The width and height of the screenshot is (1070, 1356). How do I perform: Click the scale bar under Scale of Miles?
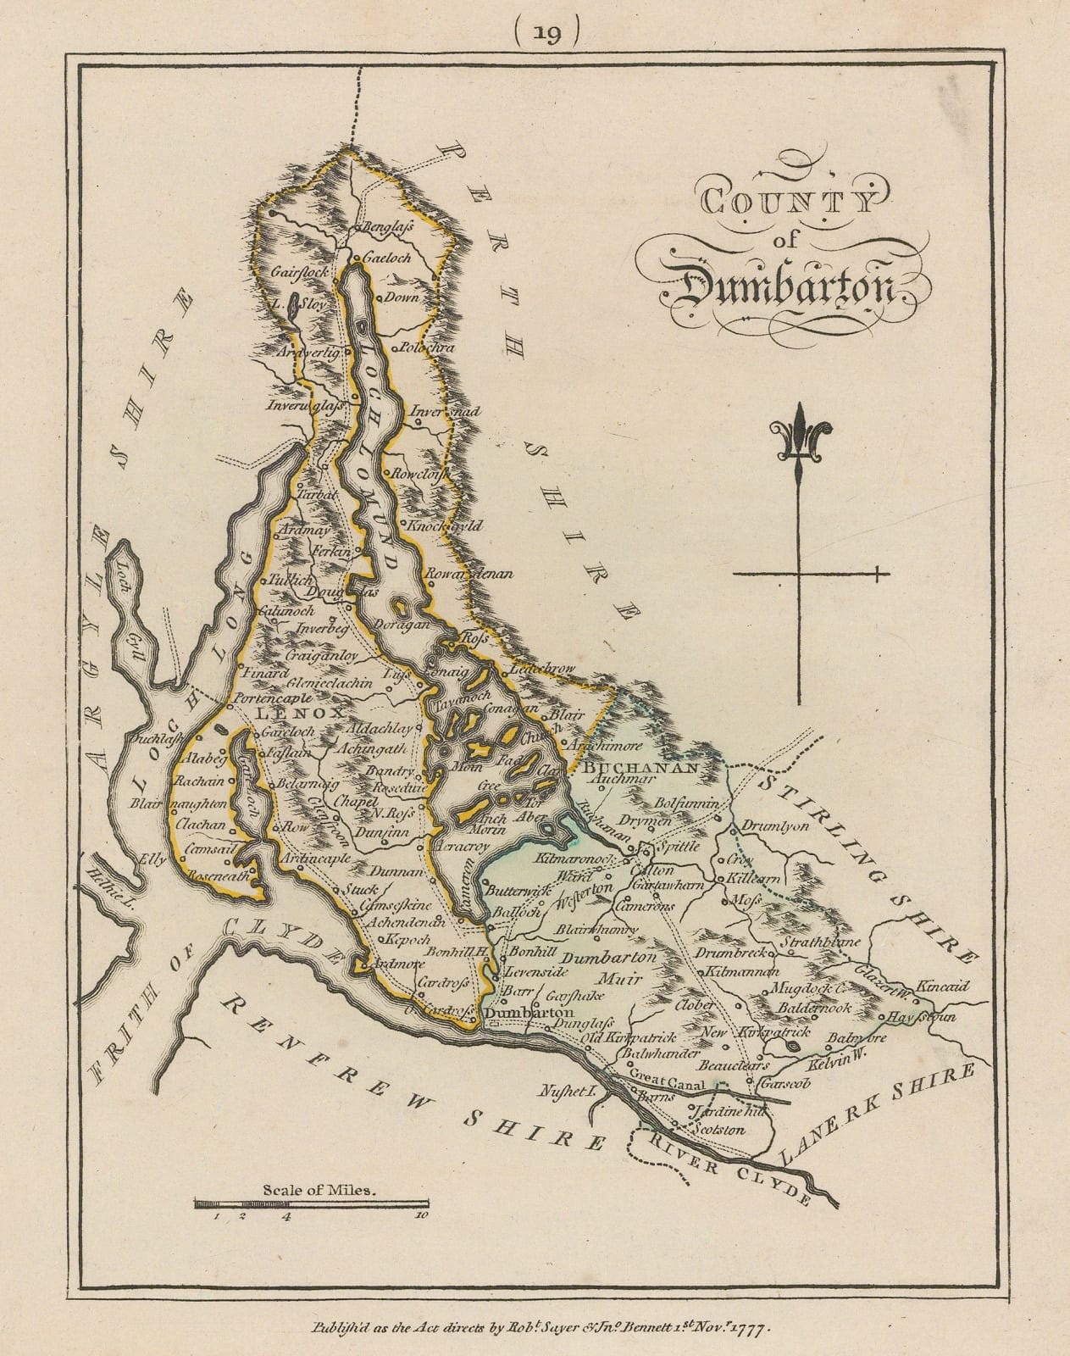click(x=310, y=1203)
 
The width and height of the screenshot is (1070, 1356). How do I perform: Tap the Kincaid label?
click(x=934, y=986)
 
